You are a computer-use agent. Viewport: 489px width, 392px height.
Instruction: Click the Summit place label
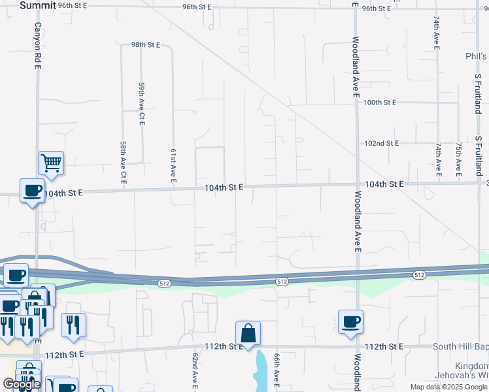[37, 5]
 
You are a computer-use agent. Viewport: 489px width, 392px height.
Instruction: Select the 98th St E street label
[145, 45]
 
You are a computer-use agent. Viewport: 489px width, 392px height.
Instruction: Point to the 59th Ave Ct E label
[141, 103]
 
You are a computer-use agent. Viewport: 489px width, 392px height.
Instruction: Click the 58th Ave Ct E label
[122, 162]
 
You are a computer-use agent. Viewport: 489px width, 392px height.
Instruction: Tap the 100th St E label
[380, 103]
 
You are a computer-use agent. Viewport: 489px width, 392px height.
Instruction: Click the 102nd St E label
[381, 143]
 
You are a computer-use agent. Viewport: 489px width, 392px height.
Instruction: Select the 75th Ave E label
[459, 159]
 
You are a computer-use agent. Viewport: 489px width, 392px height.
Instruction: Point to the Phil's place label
[477, 56]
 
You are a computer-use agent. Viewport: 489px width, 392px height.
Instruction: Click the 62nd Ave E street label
[194, 370]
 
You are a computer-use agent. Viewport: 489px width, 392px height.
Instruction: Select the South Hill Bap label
[460, 346]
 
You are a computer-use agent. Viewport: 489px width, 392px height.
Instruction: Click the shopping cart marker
[51, 162]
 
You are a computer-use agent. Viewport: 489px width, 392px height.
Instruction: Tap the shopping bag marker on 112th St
[248, 333]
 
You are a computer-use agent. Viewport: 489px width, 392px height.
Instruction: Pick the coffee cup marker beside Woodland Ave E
[350, 321]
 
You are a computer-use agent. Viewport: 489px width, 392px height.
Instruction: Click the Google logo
[22, 384]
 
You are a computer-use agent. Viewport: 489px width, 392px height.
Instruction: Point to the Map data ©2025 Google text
[448, 387]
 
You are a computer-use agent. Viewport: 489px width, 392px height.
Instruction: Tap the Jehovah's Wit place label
[462, 376]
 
